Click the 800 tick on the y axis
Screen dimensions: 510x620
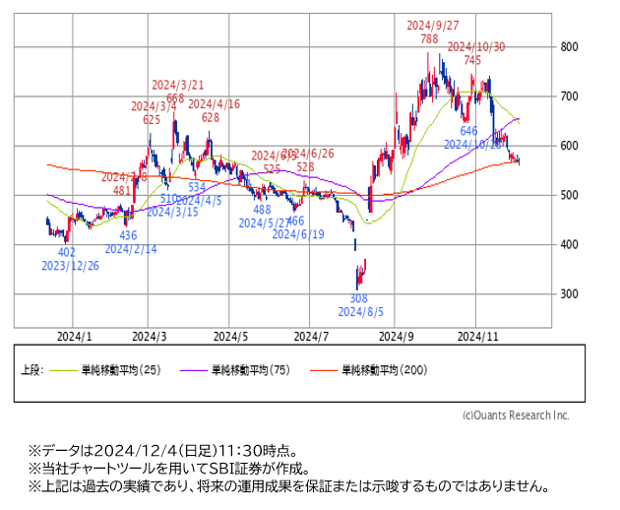[569, 46]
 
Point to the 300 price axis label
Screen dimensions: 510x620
[569, 294]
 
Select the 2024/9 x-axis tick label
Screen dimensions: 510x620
[396, 336]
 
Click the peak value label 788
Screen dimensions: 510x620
[429, 38]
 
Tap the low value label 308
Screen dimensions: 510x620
[359, 298]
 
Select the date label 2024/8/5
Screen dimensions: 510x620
[360, 312]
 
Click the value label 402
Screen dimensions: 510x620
[67, 252]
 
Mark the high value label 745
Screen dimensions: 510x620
[472, 60]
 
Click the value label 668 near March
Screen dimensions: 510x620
[175, 98]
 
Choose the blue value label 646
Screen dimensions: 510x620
[468, 130]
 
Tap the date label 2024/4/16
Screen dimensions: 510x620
[215, 104]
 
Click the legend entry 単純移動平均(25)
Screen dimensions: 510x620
[121, 370]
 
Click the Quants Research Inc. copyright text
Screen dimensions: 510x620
[516, 414]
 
